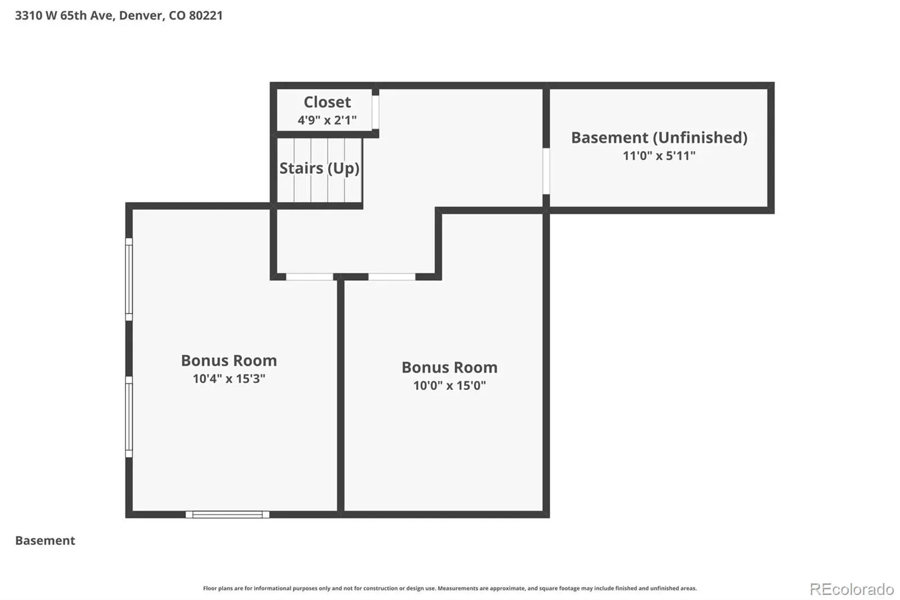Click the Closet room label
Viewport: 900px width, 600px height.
tap(327, 102)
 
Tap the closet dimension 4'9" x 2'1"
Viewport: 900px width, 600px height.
tap(327, 120)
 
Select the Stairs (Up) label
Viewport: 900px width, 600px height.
tap(319, 168)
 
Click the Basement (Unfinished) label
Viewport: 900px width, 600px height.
tap(659, 137)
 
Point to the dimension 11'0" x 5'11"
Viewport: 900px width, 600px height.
tap(659, 156)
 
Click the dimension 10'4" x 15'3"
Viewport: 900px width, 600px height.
tap(229, 379)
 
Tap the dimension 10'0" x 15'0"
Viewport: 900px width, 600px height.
tap(449, 386)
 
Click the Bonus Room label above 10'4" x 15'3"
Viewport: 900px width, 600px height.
tap(229, 361)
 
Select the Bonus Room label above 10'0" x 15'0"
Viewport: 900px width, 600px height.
tap(449, 368)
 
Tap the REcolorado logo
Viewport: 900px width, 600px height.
tap(852, 589)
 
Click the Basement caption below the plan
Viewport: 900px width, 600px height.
tap(45, 540)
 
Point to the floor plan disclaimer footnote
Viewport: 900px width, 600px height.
tap(450, 588)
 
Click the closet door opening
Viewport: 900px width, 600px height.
tap(375, 112)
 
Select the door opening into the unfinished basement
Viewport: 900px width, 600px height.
tap(546, 171)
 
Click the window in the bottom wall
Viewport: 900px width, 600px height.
tap(227, 514)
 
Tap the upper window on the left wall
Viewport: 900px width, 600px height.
tap(129, 280)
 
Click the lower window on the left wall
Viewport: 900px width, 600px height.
tap(129, 417)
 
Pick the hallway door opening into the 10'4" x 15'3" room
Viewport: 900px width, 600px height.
tap(309, 277)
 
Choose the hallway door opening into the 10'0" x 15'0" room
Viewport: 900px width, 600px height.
tap(391, 277)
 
